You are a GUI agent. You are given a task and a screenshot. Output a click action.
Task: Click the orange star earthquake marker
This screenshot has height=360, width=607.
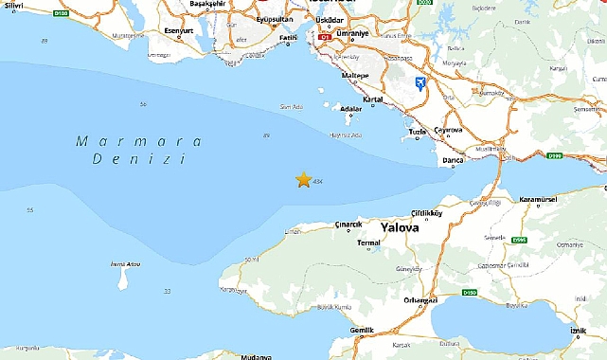pos(303,179)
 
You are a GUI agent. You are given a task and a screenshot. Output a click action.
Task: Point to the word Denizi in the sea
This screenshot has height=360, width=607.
pos(139,160)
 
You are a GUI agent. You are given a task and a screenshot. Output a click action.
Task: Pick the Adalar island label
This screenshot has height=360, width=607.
pos(350,109)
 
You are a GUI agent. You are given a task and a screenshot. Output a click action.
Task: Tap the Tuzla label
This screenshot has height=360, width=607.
pos(417,132)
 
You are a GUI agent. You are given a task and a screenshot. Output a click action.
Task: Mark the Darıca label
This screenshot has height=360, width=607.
pos(453,161)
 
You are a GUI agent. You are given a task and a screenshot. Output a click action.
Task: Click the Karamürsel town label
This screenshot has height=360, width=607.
pos(543,201)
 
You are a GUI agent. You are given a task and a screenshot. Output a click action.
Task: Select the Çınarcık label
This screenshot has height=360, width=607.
pos(349,225)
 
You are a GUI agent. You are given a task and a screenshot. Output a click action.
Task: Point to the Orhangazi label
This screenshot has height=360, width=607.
pos(419,301)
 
